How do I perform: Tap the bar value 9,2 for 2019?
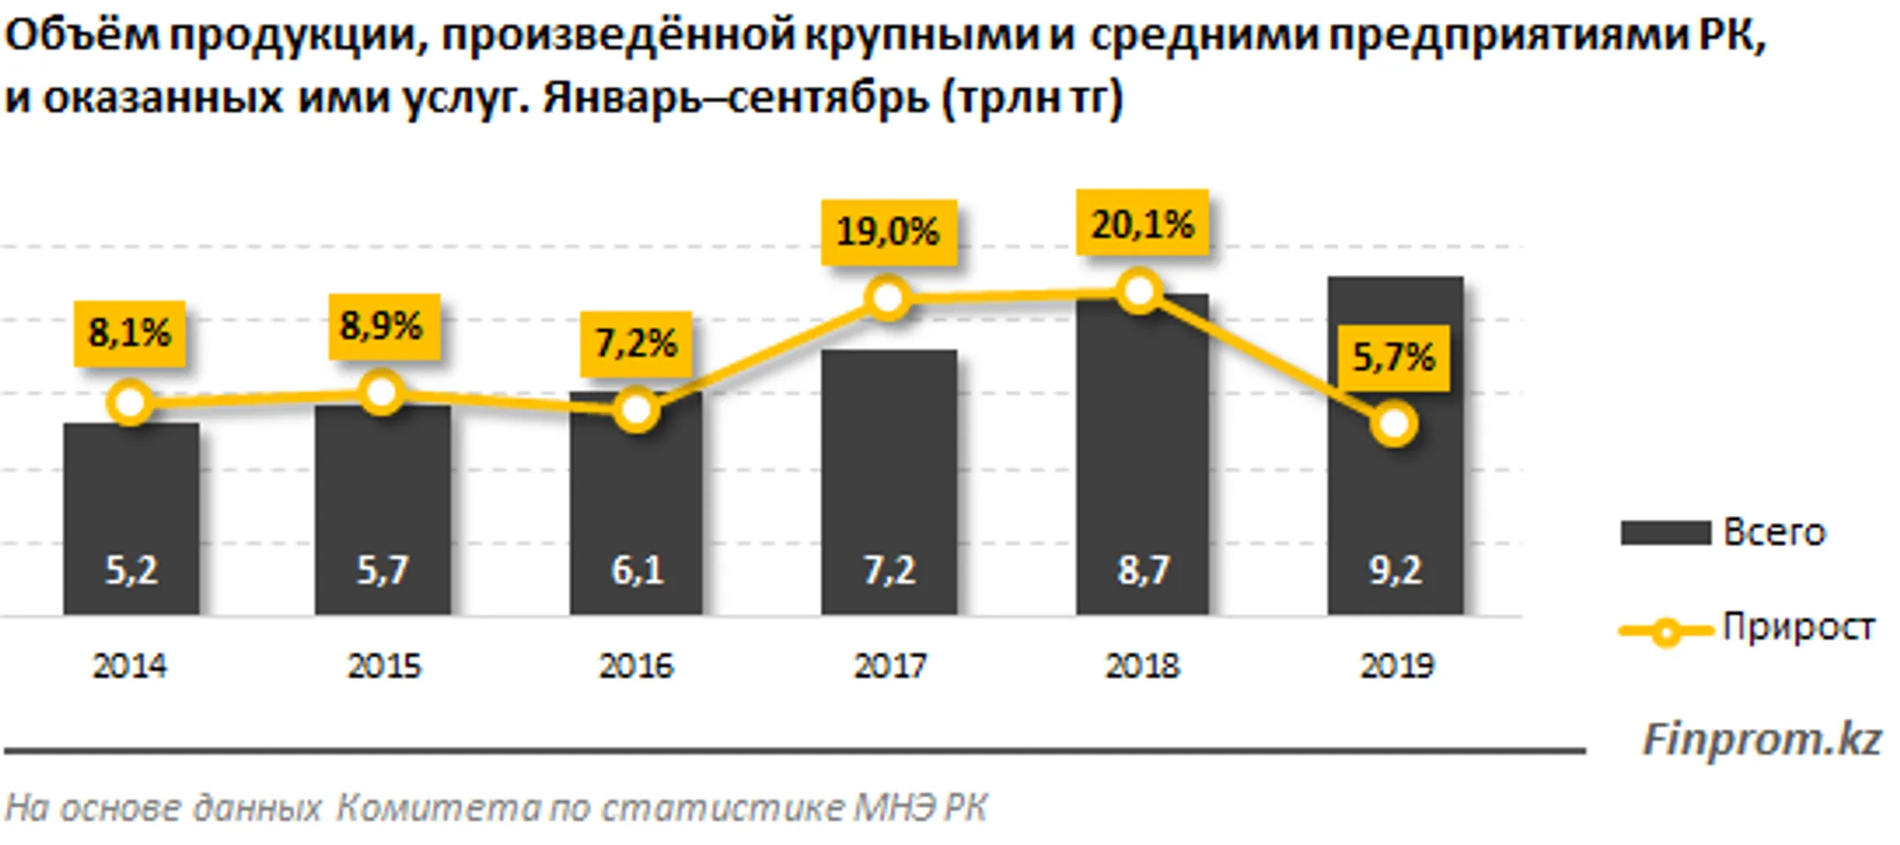(1395, 571)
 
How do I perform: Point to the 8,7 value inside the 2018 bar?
(1143, 571)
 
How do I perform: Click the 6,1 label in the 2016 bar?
(637, 571)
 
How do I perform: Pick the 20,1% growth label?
(1143, 224)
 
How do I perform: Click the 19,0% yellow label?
(888, 232)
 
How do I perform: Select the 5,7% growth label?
(1393, 357)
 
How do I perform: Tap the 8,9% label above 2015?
(383, 326)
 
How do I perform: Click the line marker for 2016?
(636, 410)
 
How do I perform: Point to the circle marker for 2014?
(130, 404)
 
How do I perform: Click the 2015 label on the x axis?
(384, 666)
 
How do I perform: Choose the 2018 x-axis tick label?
(1142, 666)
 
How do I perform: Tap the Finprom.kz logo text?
(1761, 739)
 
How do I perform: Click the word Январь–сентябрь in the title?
(734, 98)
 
